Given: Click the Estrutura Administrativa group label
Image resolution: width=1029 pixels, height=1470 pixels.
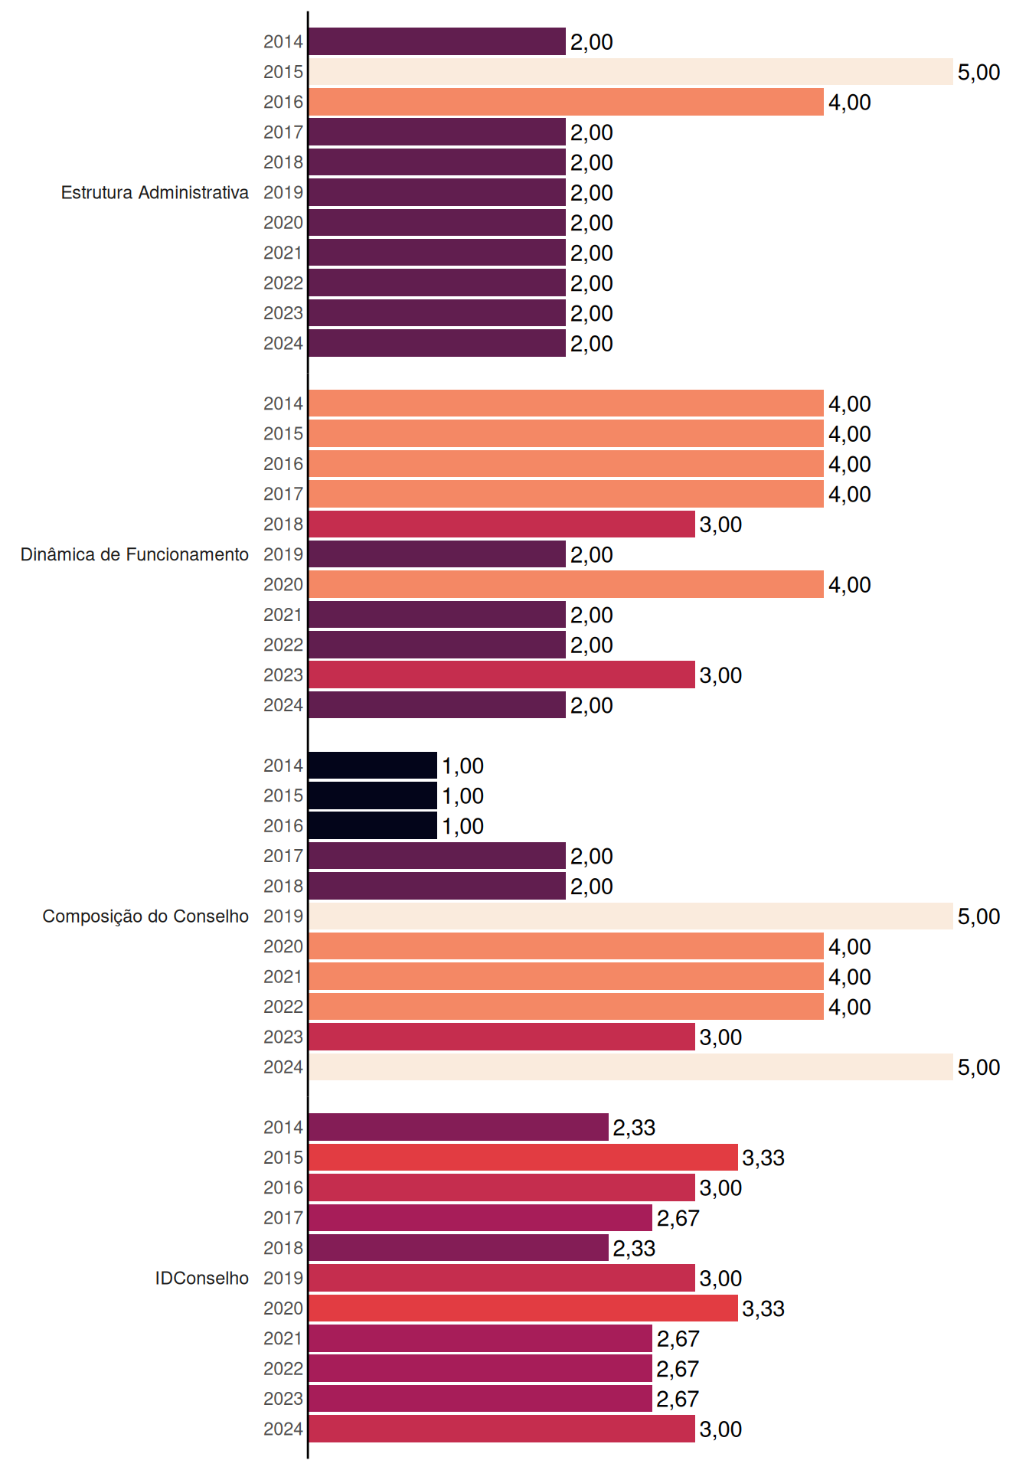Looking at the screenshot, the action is pos(155,192).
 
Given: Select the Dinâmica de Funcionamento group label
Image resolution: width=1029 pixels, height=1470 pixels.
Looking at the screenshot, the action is pos(135,554).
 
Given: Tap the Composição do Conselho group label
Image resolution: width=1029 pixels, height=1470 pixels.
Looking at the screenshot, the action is pos(145,916).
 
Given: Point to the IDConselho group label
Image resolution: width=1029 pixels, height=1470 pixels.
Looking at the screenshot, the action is pos(202,1278).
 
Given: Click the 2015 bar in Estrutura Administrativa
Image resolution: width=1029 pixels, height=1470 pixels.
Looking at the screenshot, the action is pos(631,72).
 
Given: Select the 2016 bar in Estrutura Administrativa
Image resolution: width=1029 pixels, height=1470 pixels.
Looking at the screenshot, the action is pos(567,102).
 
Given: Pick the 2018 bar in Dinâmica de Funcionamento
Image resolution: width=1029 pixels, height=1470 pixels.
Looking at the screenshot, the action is pos(502,524).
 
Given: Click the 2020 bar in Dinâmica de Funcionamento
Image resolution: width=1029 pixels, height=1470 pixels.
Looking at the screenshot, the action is pos(567,584).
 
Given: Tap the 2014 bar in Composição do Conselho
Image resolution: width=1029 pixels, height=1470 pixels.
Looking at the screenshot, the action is pos(373,766).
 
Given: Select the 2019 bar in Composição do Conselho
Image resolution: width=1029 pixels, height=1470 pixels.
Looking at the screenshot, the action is pos(631,916).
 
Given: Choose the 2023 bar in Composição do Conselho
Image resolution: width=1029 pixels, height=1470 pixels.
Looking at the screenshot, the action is pos(502,1037).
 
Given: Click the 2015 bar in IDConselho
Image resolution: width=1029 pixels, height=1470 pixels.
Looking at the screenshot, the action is pos(524,1158).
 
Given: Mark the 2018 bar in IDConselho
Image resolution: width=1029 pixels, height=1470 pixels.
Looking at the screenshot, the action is pos(459,1248).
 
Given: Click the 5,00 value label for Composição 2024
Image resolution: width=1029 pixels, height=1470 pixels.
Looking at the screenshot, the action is pos(978,1067).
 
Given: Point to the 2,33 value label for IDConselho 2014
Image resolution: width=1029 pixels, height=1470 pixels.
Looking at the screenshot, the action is pos(634,1128).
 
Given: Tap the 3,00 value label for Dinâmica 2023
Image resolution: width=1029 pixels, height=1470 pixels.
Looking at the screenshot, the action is pos(720,675).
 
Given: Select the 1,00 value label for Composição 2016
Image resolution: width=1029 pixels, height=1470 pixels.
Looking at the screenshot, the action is pos(462,826).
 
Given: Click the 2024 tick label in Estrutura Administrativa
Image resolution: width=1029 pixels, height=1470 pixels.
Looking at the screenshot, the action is pos(283,344).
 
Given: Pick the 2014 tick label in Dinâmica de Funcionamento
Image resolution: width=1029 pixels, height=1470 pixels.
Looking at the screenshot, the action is pos(283,403).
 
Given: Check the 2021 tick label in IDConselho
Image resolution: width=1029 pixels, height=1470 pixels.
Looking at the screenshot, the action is pos(283,1338).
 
